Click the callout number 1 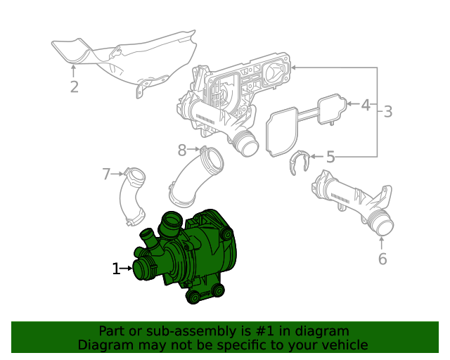pyautogui.click(x=116, y=268)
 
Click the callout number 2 pyautogui.click(x=74, y=87)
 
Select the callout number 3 pyautogui.click(x=387, y=111)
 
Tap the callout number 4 pyautogui.click(x=365, y=105)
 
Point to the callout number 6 pyautogui.click(x=382, y=259)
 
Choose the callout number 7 pyautogui.click(x=107, y=174)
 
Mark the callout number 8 pyautogui.click(x=182, y=150)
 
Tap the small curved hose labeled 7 pyautogui.click(x=132, y=197)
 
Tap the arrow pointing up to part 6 pyautogui.click(x=382, y=243)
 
